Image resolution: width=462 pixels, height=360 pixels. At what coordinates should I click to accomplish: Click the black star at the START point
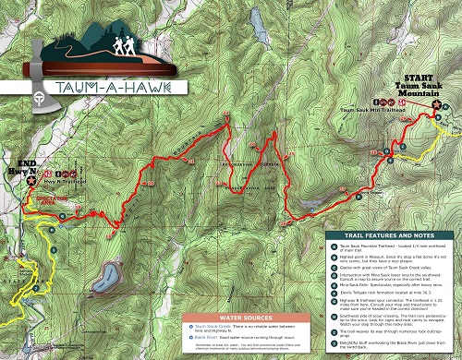pyautogui.click(x=435, y=105)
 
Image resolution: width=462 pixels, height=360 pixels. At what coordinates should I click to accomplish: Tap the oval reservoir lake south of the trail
pyautogui.click(x=110, y=275)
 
